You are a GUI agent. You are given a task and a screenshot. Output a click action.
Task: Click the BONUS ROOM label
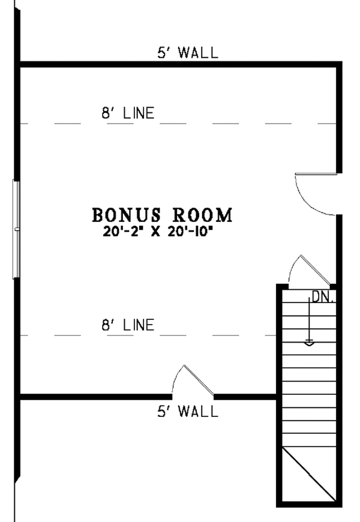162,214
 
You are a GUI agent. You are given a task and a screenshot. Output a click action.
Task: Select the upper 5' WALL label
188,53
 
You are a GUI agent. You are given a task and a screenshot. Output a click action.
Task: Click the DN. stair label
322,296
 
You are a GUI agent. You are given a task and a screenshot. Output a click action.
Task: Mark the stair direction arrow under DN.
309,324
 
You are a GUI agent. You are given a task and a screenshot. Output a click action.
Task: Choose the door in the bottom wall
193,382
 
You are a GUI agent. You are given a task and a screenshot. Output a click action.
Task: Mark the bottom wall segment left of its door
96,397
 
